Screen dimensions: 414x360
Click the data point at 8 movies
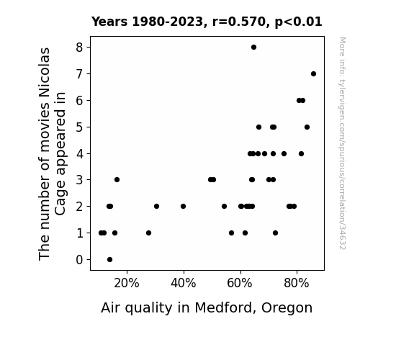(x=253, y=48)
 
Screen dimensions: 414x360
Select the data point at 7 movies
(x=313, y=74)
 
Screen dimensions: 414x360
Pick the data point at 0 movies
(x=110, y=260)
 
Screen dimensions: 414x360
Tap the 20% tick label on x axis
(x=127, y=284)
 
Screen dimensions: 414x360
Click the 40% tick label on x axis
(x=183, y=284)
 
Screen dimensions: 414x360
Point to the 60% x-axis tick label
(x=240, y=284)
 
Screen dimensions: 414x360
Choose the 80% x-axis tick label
(x=297, y=284)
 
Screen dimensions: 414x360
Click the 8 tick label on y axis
(x=79, y=48)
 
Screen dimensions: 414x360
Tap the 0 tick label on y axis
(x=79, y=260)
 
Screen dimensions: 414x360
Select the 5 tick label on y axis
(x=79, y=127)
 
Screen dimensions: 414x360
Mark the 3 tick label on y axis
(x=79, y=180)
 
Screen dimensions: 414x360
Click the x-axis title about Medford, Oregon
(x=207, y=308)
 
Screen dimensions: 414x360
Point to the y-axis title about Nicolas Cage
(x=52, y=153)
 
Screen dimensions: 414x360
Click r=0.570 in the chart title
(x=239, y=22)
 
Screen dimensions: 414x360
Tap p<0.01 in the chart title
(x=298, y=22)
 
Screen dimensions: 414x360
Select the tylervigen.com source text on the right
(x=343, y=143)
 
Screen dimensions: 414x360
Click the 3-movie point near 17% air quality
(x=117, y=180)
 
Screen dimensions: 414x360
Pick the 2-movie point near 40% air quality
(x=183, y=207)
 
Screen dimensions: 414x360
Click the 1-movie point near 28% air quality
(x=148, y=233)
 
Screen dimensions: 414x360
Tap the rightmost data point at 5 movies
(x=307, y=127)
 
